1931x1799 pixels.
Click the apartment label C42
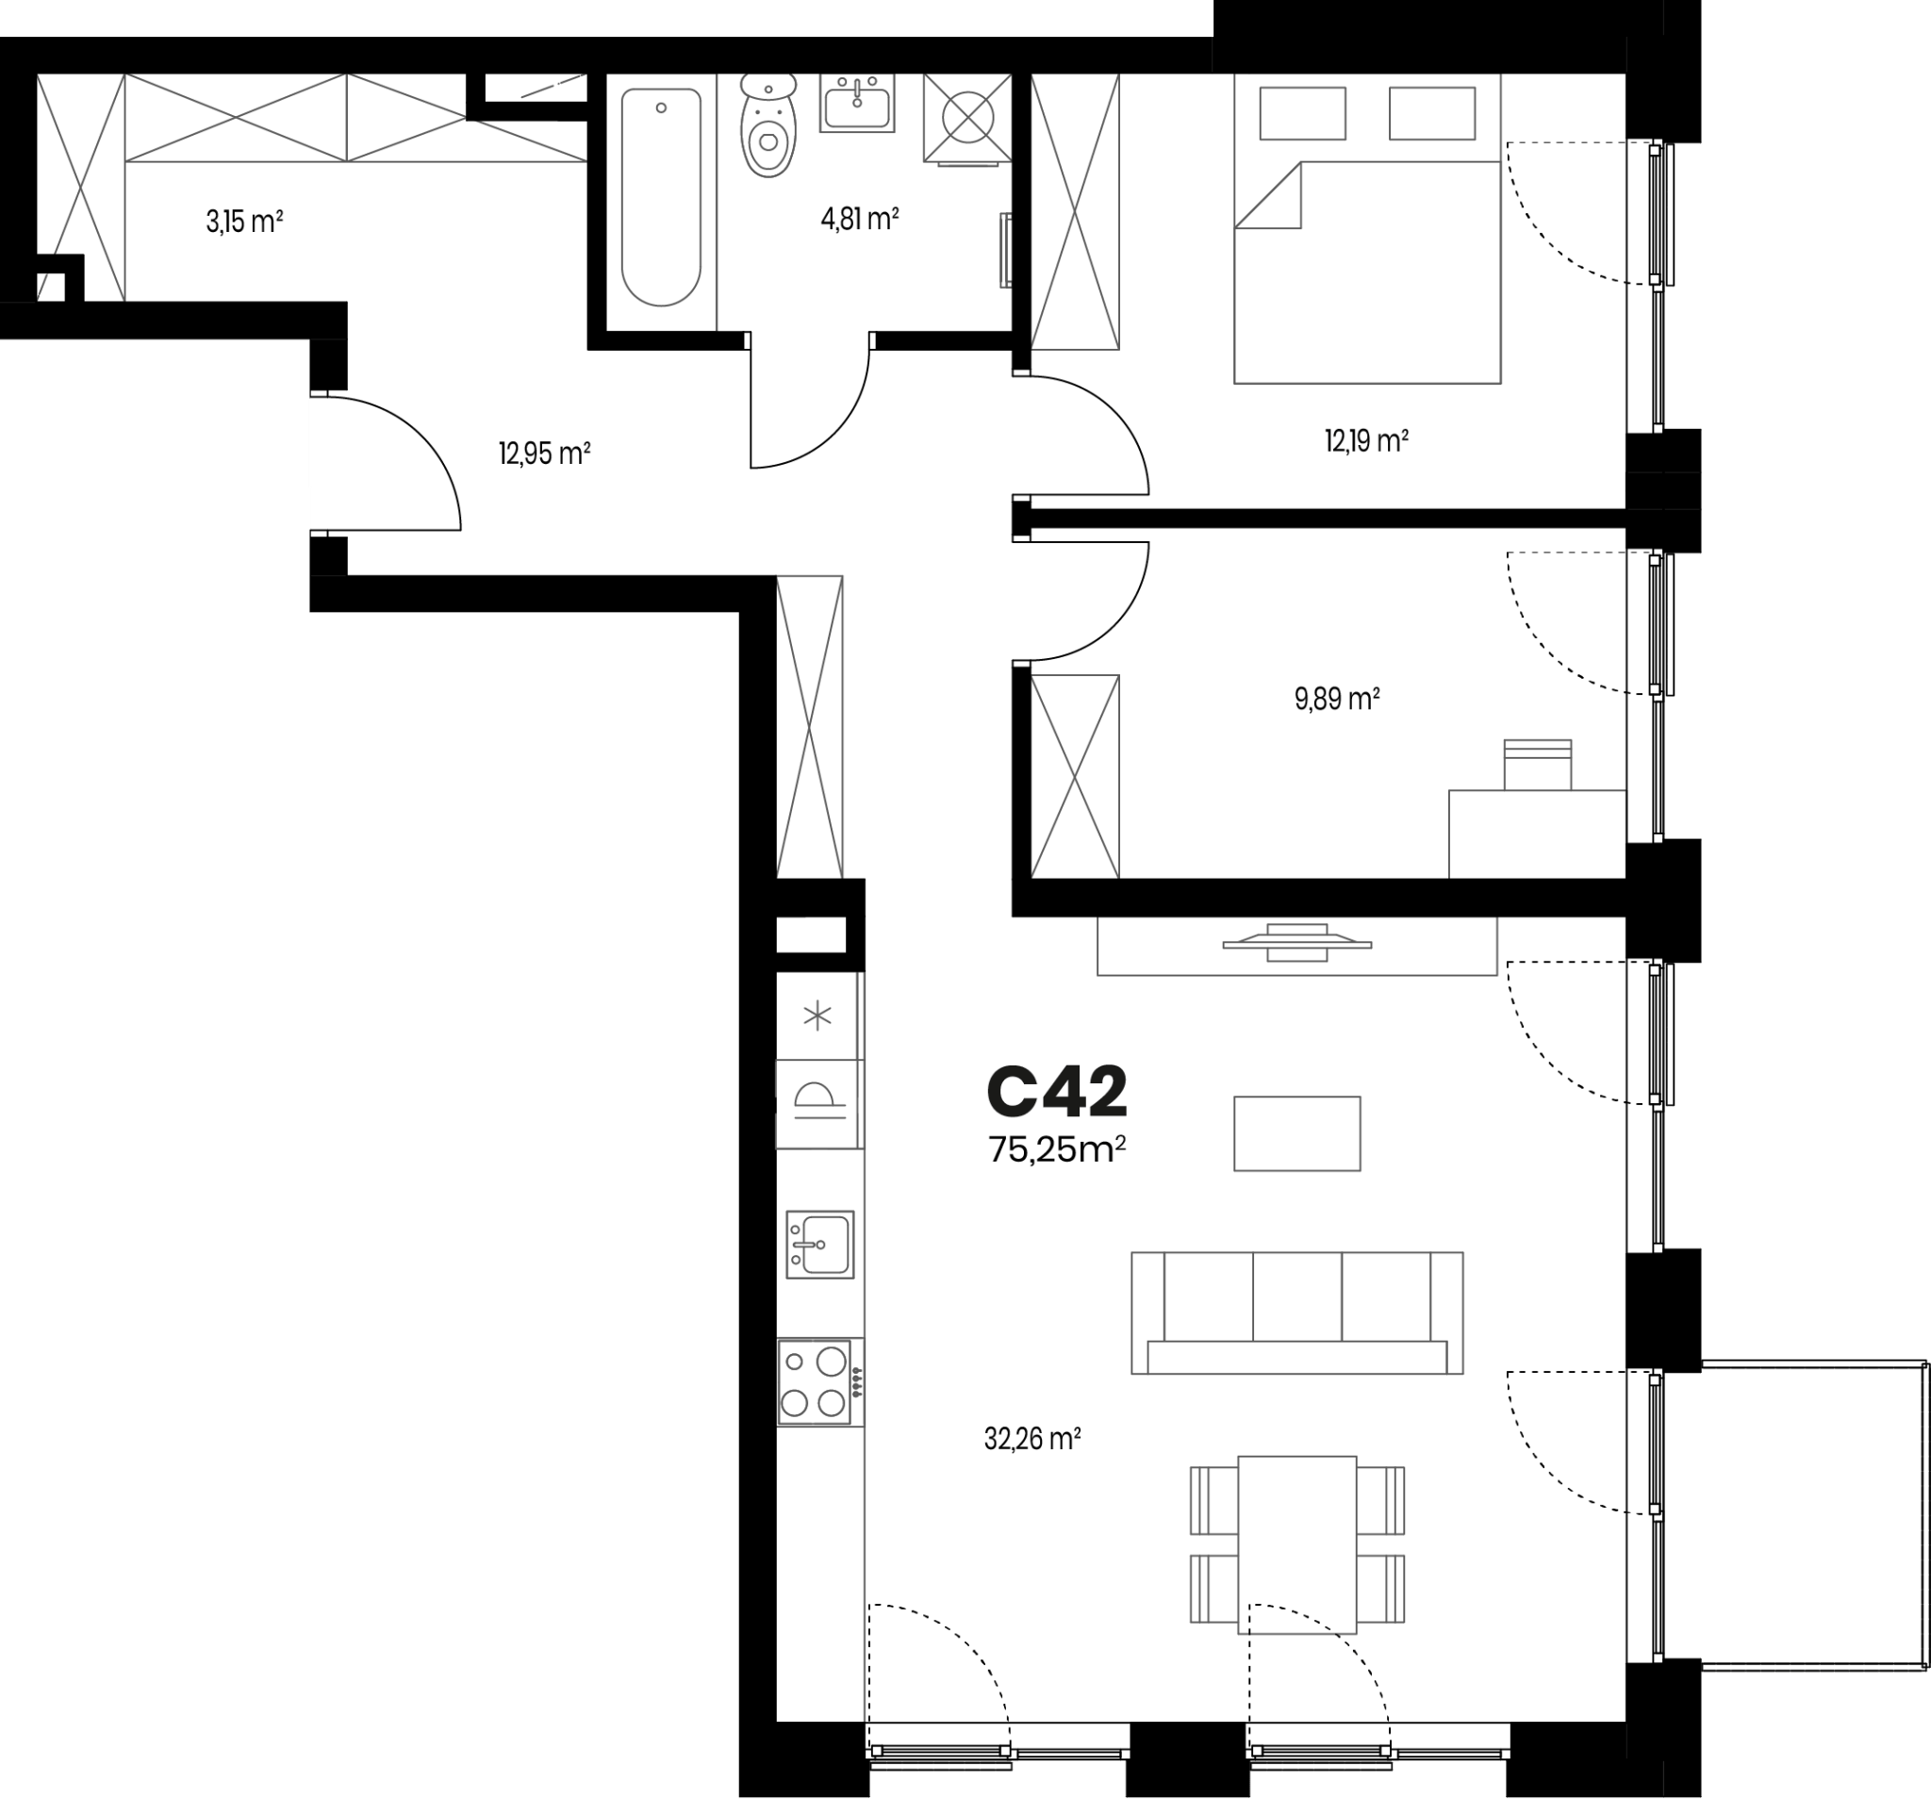(1057, 1091)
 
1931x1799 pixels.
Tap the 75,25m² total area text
(1057, 1150)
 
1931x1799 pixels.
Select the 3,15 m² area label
(244, 222)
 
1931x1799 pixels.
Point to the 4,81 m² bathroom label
(860, 219)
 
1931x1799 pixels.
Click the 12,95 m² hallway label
(545, 454)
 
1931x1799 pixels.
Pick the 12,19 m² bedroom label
(1366, 441)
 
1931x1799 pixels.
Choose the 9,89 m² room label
(1338, 699)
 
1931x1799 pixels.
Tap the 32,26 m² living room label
(1032, 1439)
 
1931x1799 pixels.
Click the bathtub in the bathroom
(662, 197)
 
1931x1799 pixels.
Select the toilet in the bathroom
(768, 126)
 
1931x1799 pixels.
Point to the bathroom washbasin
(857, 102)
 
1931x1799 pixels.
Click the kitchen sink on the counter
(819, 1245)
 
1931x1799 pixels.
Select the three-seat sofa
(1296, 1313)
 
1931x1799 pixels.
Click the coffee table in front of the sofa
(1296, 1133)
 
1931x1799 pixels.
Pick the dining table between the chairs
(1296, 1544)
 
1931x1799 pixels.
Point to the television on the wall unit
(1296, 942)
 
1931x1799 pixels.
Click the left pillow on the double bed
(1302, 114)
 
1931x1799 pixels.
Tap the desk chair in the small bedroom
(1538, 765)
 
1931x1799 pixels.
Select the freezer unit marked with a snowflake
(817, 1017)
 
